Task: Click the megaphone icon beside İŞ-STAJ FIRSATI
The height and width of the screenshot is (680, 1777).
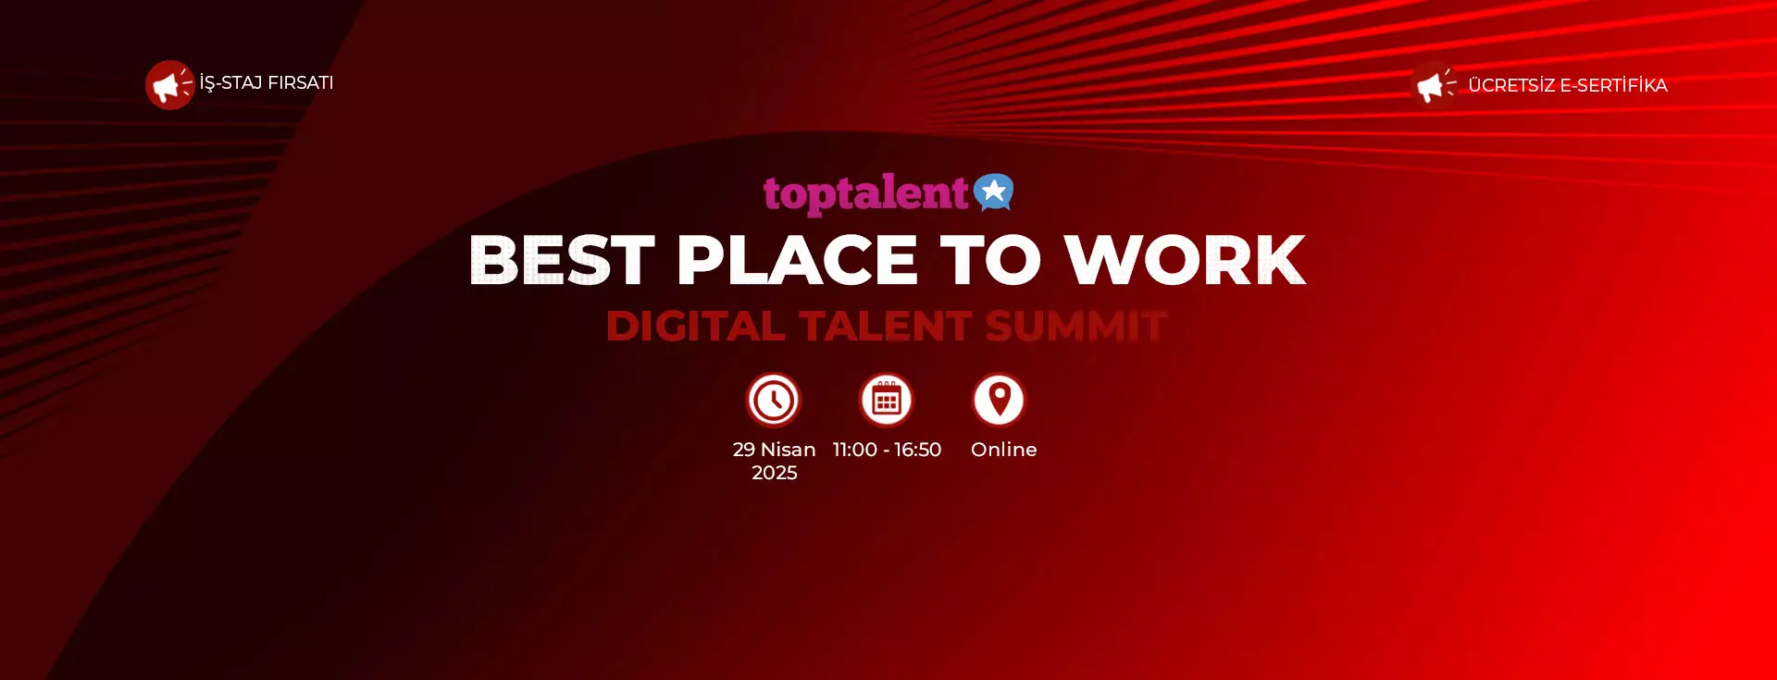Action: (x=169, y=85)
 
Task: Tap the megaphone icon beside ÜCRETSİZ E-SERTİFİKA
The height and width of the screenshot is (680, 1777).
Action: (x=1434, y=85)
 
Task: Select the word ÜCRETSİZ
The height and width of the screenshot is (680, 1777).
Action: (x=1511, y=85)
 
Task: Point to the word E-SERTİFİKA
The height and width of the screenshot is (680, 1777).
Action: (x=1613, y=85)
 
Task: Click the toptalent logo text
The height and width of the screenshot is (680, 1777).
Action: (x=865, y=193)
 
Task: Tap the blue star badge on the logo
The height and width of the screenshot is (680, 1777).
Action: (x=994, y=192)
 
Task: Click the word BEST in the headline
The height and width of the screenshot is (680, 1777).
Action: (x=562, y=260)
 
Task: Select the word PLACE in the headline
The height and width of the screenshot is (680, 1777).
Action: (x=797, y=260)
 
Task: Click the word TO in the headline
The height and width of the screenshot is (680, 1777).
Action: (x=990, y=260)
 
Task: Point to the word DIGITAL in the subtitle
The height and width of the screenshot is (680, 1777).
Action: (x=696, y=326)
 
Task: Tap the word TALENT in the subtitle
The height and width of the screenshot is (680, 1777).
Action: (x=886, y=326)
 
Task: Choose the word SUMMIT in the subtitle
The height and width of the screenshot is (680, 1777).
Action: (x=1075, y=326)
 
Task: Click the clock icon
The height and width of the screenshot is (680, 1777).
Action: (x=774, y=400)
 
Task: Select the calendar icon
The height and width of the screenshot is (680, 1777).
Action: (x=887, y=400)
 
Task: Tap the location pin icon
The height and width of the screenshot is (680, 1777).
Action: (x=1000, y=400)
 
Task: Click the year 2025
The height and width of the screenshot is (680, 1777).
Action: (x=775, y=473)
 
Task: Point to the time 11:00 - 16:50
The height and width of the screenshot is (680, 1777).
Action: (x=887, y=450)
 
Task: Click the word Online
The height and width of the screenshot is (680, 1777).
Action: (x=1004, y=450)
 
